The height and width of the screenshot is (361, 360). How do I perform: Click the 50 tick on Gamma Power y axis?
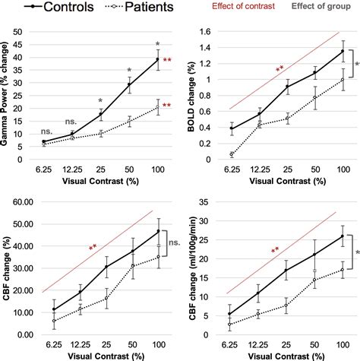[x=26, y=33]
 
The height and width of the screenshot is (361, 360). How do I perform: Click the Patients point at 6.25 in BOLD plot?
[x=231, y=154]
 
